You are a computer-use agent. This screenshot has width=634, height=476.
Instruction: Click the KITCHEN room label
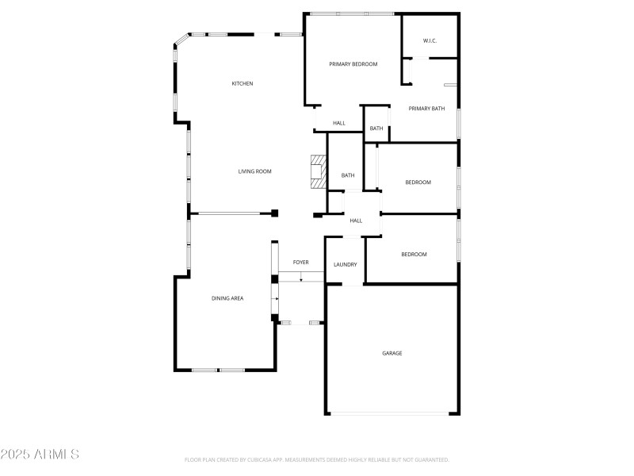point(242,83)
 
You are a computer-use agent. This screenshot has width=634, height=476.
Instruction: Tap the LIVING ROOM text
point(255,171)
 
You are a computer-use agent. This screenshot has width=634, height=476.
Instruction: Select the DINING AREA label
point(227,298)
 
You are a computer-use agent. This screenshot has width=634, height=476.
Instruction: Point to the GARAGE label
point(391,353)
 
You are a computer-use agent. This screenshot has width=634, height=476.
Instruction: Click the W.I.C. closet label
point(430,40)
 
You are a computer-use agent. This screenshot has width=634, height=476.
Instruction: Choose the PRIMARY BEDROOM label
point(353,64)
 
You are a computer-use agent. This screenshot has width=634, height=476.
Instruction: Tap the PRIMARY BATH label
point(426,109)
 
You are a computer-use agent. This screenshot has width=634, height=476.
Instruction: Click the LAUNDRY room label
point(345,265)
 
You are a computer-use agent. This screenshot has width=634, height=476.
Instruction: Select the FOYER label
point(300,262)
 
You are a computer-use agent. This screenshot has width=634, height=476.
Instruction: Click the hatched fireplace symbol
point(317,171)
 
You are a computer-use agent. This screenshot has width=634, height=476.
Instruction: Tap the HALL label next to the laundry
point(356,221)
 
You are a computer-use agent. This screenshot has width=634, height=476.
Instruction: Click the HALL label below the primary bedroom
point(338,123)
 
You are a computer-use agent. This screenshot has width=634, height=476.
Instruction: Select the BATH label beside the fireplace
point(347,175)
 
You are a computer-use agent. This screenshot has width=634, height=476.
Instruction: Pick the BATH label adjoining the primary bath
point(376,129)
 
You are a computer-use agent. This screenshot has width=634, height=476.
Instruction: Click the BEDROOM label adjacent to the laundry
point(414,255)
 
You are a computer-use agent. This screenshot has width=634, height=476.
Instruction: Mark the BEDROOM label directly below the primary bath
point(418,182)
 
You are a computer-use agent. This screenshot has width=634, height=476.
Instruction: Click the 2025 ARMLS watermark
point(40,455)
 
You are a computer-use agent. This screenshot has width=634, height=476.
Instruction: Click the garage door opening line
point(391,413)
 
